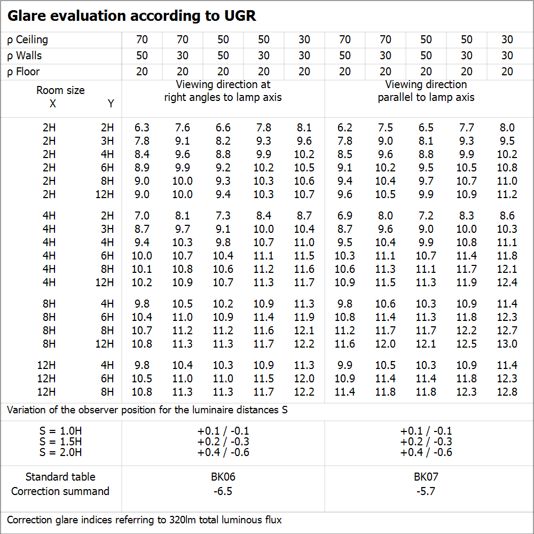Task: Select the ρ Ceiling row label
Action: (27, 40)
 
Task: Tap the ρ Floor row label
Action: (23, 72)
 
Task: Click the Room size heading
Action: (60, 90)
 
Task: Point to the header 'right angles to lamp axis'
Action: (223, 97)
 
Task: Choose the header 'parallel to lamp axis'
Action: (426, 97)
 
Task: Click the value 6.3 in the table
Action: (142, 128)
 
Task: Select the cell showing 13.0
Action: (507, 344)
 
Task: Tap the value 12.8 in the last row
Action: (507, 392)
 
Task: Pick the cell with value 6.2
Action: (345, 128)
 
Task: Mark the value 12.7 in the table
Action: (507, 331)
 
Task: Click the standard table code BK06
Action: (223, 477)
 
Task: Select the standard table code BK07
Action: (426, 477)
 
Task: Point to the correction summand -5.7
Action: (426, 491)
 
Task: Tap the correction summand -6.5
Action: (223, 491)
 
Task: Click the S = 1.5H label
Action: (60, 442)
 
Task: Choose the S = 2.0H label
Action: (60, 452)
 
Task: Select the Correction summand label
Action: (60, 491)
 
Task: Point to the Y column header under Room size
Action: (111, 104)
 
